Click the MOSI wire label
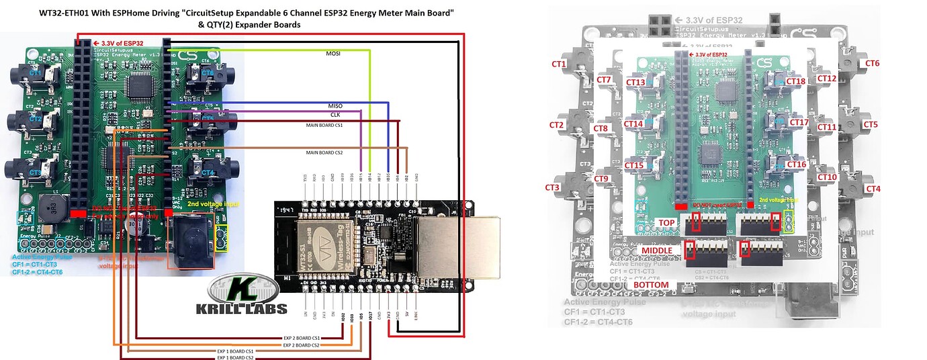tap(333, 53)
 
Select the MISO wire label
tap(335, 106)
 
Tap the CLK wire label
tap(335, 115)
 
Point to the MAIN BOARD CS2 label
tap(324, 153)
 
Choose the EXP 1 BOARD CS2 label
tap(234, 357)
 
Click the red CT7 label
tap(603, 81)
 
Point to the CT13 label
tap(635, 83)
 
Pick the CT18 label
tap(796, 81)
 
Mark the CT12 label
tap(826, 79)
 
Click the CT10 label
tap(826, 177)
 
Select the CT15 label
tap(635, 165)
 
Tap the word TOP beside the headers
tap(666, 222)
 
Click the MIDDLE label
tap(657, 250)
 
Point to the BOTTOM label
tap(651, 285)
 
